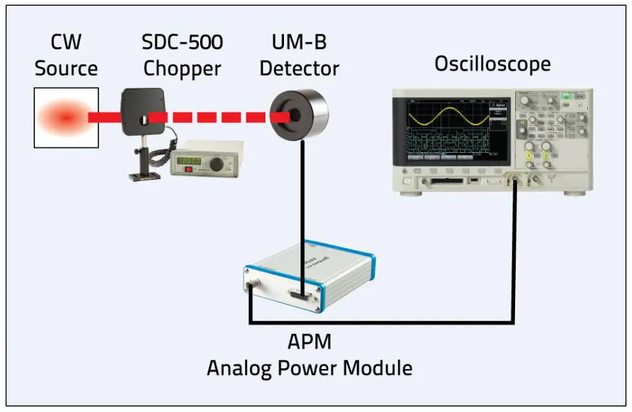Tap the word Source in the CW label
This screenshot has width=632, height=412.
point(66,68)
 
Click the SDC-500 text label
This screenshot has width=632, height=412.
point(182,43)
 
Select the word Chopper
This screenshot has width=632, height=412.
point(182,68)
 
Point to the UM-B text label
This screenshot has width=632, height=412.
point(298,43)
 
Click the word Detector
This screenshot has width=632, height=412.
point(299,68)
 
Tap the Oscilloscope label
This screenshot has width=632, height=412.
point(492,64)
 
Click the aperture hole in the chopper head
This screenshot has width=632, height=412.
point(143,118)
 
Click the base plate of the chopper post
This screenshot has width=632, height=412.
point(144,176)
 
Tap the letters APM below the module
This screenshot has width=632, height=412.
point(309,343)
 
